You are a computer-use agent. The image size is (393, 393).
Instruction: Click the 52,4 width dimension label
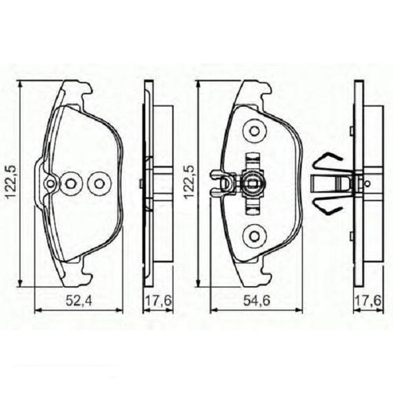(79, 301)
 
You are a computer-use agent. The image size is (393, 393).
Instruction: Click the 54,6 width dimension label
(257, 301)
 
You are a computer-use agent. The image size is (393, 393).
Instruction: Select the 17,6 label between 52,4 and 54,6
(159, 301)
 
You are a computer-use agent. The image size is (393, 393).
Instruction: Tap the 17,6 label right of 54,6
(368, 301)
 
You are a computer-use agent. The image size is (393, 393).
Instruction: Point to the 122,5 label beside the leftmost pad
(11, 182)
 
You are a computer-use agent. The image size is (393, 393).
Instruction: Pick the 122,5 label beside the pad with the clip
(189, 182)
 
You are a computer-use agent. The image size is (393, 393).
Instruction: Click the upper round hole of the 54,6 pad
(254, 131)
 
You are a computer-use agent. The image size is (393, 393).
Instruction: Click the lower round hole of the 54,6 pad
(254, 236)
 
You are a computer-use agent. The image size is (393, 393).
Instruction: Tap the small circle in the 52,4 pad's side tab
(50, 184)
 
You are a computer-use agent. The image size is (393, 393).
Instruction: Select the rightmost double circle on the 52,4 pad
(99, 183)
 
